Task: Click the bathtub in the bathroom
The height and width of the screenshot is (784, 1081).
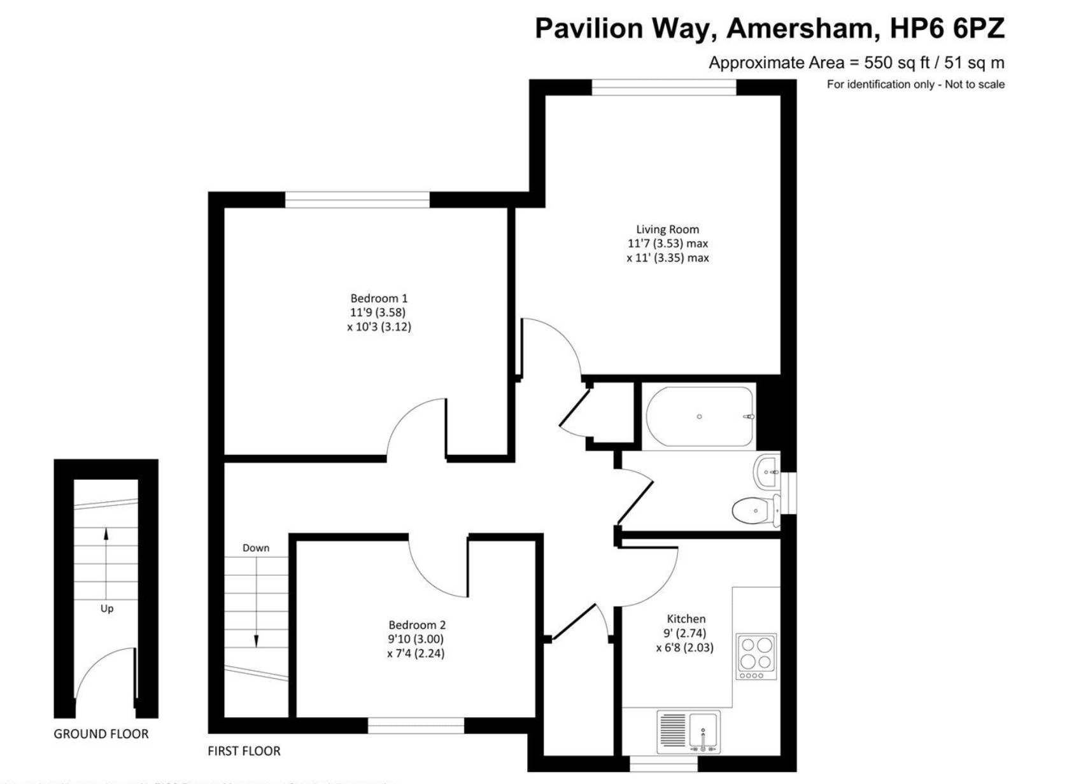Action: coord(699,417)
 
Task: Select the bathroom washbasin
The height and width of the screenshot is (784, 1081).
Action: coord(767,473)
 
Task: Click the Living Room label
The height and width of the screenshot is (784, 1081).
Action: coord(667,230)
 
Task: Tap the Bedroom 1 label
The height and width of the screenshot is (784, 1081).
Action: coord(379,298)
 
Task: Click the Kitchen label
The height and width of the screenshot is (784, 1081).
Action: coord(686,619)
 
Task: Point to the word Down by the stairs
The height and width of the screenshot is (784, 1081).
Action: coord(256,548)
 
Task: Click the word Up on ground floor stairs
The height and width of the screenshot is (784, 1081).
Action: coord(107,608)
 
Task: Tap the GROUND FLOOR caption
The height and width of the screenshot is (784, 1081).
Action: coord(101,734)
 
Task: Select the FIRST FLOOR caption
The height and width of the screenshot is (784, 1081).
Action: coord(244,751)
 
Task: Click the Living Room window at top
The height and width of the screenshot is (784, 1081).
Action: coord(664,87)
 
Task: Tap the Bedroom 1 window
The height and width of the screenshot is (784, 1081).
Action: coord(357,200)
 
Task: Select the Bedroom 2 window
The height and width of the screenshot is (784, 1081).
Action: coord(416,725)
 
